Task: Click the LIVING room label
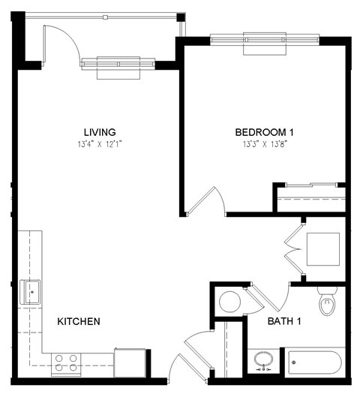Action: click(x=100, y=132)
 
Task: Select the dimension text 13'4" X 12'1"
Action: click(x=100, y=144)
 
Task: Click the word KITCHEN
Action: click(x=79, y=321)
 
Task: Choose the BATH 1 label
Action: click(x=284, y=322)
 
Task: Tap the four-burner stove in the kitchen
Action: click(x=66, y=364)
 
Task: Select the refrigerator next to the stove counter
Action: click(x=130, y=362)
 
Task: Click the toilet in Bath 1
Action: click(x=328, y=303)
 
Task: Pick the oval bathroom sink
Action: click(x=263, y=360)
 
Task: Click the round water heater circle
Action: click(x=229, y=302)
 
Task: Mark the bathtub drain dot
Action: click(x=295, y=363)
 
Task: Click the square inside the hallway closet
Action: click(x=322, y=251)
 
